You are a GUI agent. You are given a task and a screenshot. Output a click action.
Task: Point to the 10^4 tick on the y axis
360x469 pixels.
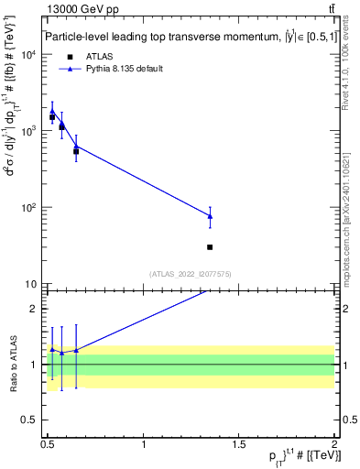(x=30, y=55)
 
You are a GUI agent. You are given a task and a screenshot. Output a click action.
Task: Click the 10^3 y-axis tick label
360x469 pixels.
(x=30, y=131)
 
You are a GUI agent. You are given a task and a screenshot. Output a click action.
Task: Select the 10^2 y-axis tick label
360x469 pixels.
(x=30, y=207)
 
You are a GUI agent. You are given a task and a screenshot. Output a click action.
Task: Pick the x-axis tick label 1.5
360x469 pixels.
(x=239, y=443)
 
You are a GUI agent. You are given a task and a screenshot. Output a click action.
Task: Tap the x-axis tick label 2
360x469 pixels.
(x=333, y=443)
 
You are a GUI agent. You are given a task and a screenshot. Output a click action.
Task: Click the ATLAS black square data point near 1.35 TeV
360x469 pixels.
(x=210, y=247)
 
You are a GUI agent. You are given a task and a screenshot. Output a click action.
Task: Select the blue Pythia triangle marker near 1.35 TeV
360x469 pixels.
(x=210, y=216)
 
